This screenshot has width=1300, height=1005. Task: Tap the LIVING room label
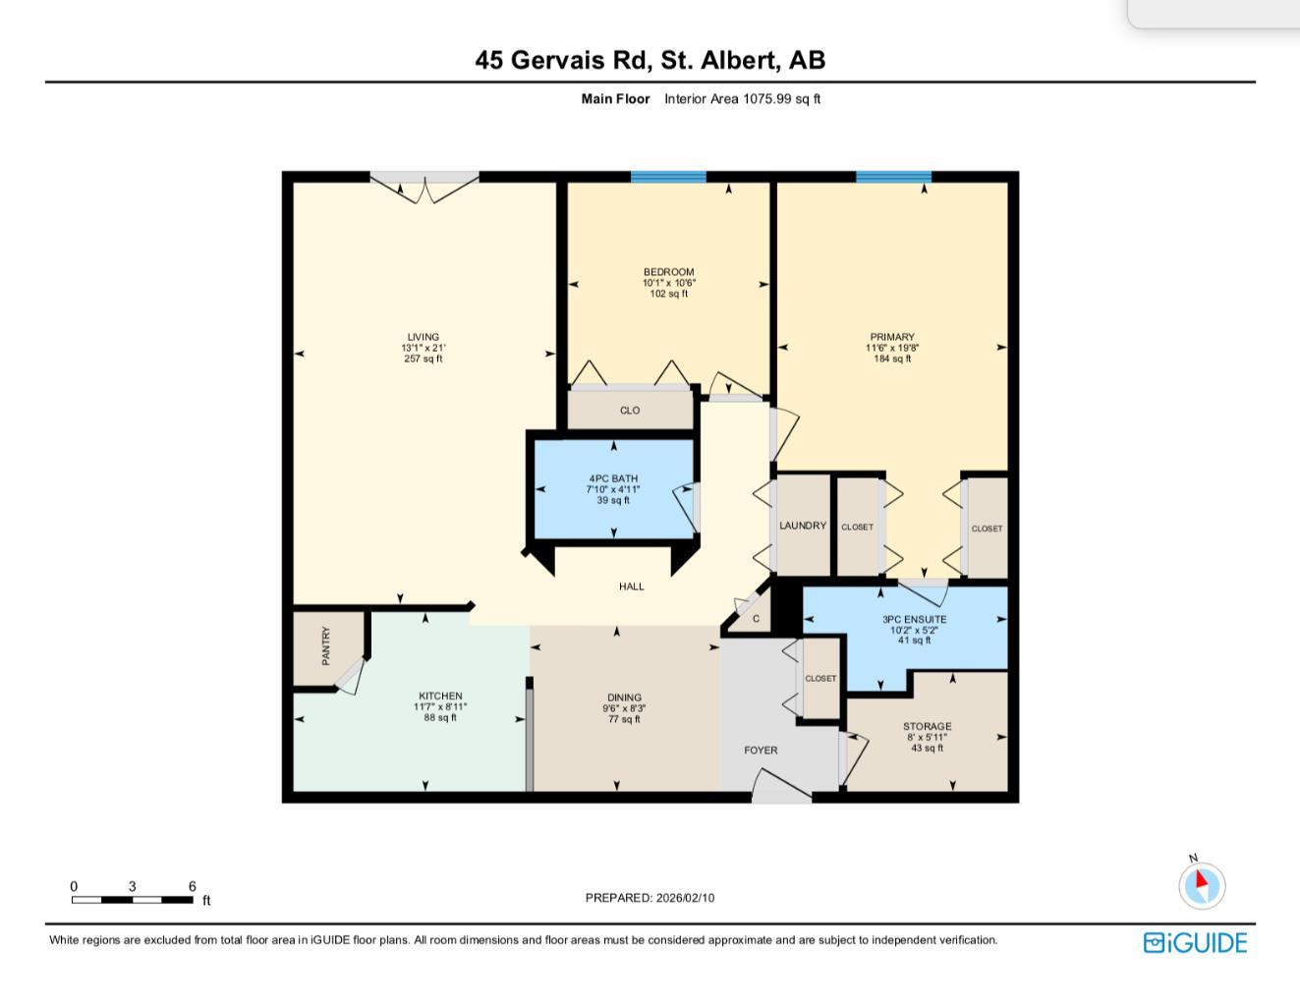423,337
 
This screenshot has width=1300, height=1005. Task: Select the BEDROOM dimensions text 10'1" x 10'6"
668,283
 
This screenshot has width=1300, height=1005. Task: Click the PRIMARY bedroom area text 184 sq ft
891,359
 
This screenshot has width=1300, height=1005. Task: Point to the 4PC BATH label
613,478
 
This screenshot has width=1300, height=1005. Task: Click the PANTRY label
326,645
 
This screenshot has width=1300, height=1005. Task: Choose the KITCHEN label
439,696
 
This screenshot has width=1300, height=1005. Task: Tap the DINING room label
624,698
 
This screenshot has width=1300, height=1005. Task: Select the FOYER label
761,750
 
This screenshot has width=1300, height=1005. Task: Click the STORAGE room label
927,726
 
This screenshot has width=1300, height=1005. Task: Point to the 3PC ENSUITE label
914,619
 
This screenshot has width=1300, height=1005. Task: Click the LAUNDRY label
803,526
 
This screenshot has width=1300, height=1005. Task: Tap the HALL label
632,586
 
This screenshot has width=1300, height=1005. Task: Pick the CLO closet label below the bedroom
630,411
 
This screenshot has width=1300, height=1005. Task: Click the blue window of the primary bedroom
893,178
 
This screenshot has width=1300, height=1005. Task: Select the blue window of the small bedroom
668,178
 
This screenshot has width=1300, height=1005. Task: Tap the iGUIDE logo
1195,943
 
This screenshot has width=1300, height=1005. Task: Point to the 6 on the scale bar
193,886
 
